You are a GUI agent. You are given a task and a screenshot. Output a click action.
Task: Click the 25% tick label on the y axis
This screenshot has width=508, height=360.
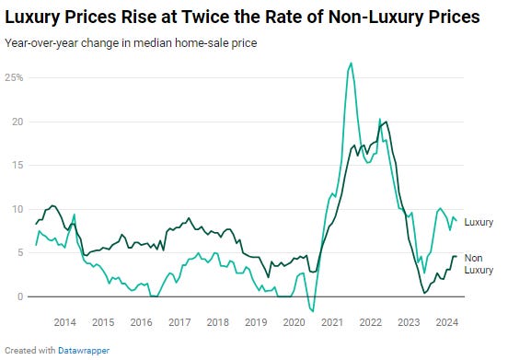tap(15, 77)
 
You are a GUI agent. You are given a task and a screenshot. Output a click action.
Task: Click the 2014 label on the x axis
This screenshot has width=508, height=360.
tap(64, 322)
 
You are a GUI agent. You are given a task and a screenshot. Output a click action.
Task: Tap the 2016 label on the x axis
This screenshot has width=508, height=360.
tap(141, 322)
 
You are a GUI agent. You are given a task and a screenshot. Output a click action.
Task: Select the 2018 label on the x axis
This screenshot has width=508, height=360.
tap(217, 322)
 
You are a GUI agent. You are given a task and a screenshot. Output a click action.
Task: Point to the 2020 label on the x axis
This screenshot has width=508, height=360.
tap(294, 322)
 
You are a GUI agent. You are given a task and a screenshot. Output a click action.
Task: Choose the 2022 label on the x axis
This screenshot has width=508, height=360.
tap(370, 322)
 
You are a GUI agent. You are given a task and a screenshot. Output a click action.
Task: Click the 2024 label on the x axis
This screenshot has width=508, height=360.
tap(446, 322)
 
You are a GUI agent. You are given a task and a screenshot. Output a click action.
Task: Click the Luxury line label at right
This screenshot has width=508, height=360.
tap(479, 222)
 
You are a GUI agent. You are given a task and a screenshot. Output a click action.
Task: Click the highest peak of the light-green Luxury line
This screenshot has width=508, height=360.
tap(352, 63)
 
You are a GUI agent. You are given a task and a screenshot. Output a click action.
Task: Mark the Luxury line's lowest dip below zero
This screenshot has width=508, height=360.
tap(314, 311)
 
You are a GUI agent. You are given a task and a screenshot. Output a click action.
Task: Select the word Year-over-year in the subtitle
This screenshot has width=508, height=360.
tap(37, 41)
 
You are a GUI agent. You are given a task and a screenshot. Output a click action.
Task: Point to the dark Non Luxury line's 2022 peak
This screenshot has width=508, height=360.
tap(385, 122)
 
